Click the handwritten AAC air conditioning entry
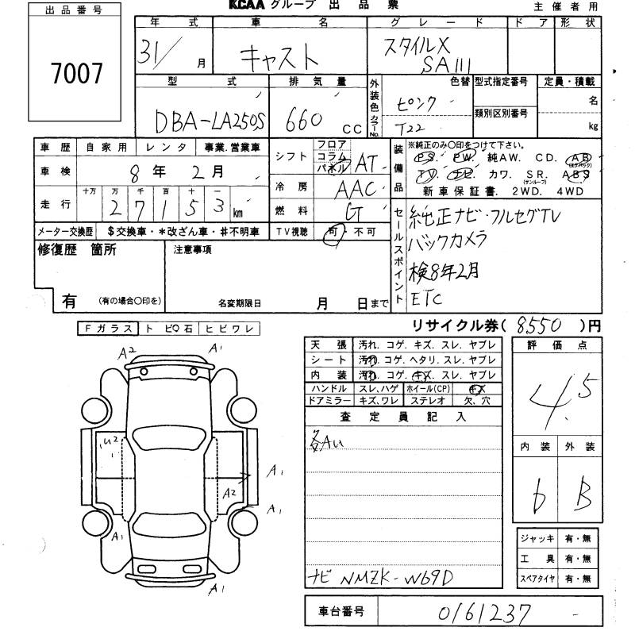pyautogui.click(x=354, y=189)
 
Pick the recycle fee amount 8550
pyautogui.click(x=539, y=325)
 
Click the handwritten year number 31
pyautogui.click(x=153, y=54)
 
